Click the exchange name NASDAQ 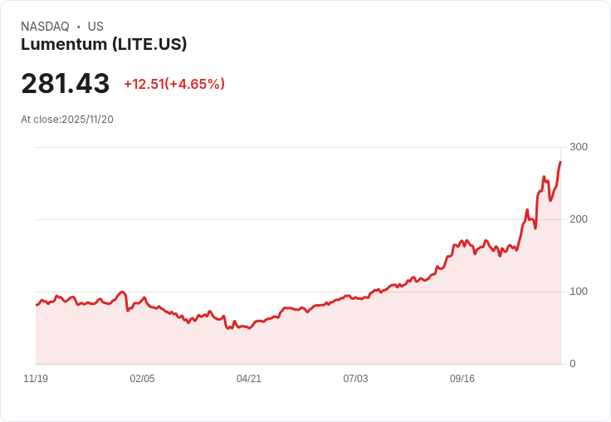coord(45,27)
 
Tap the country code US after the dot coord(95,27)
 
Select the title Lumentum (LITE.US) coord(104,45)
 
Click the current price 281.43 coord(66,84)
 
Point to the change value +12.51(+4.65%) coord(174,84)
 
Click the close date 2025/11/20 coord(87,120)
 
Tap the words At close coord(40,120)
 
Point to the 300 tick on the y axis coord(579,147)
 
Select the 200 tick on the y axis coord(579,219)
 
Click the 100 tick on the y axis coord(579,292)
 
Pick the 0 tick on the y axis coord(573,364)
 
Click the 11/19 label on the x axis coord(36,379)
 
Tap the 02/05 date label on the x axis coord(142,379)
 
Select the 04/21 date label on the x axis coord(249,379)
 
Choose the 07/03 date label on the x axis coord(355,379)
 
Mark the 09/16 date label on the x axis coord(462,379)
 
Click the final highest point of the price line coord(560,162)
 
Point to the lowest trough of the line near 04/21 coord(228,329)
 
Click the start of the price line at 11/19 coord(37,305)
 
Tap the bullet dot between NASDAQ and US coord(79,27)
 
